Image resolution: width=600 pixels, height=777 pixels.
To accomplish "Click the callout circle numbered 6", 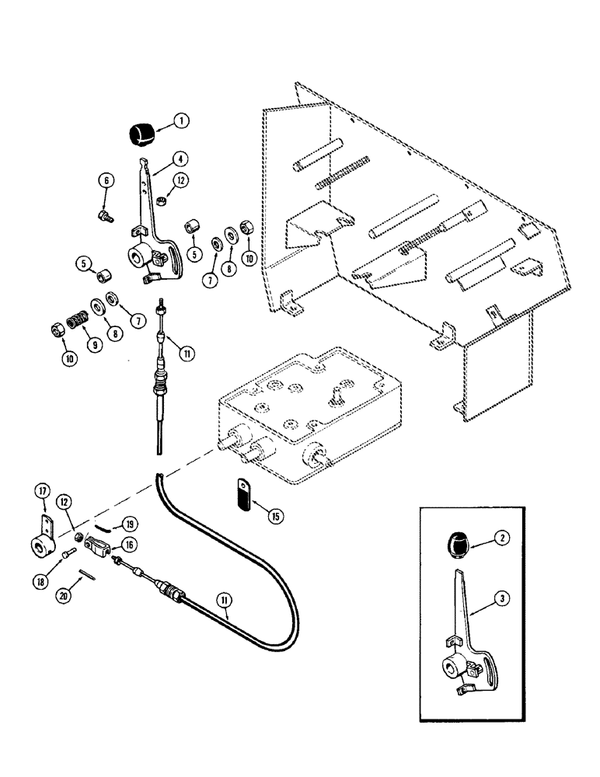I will tap(106, 181).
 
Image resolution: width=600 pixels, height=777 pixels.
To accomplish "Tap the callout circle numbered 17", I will tap(42, 490).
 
